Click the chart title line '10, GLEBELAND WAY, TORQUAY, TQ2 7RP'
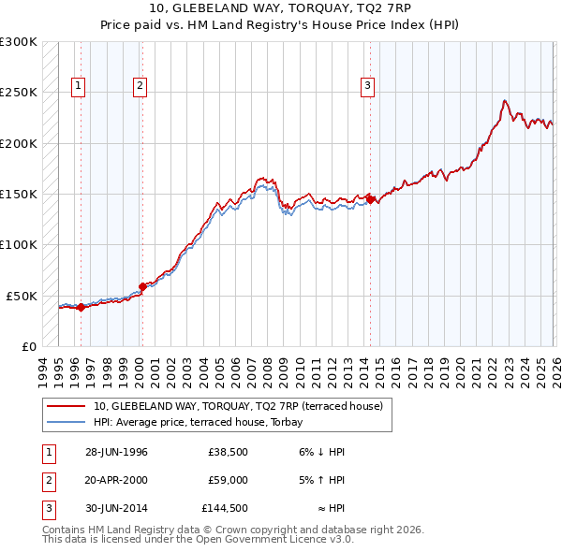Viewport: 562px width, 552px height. [280, 10]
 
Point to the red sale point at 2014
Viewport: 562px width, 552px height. [371, 199]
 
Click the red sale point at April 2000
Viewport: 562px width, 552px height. [142, 286]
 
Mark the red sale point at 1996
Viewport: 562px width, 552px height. [81, 307]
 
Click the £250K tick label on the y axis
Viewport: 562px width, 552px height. [19, 93]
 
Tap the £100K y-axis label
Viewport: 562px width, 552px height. [19, 244]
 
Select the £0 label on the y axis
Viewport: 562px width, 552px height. [27, 346]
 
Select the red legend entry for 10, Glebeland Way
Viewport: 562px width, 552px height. [238, 407]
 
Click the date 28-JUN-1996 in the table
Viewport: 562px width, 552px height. [116, 452]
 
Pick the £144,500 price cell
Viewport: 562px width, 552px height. [225, 508]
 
